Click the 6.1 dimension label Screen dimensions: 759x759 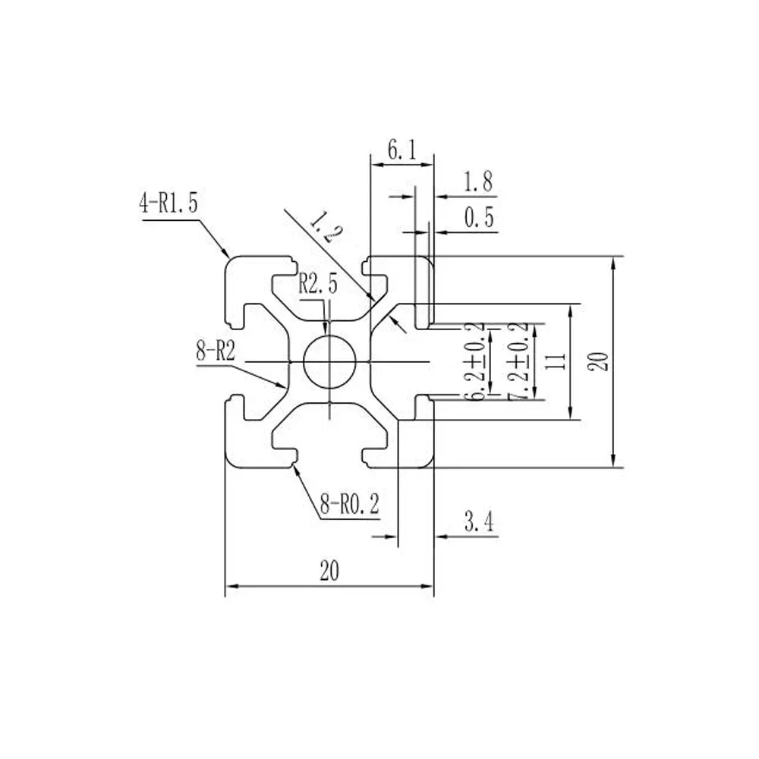point(402,151)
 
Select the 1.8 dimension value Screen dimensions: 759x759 point(477,182)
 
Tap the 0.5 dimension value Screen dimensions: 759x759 point(478,219)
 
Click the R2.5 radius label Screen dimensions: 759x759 point(317,285)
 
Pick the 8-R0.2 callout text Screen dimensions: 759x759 point(349,505)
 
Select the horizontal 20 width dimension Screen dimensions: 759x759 point(329,572)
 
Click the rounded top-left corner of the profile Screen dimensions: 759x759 point(231,263)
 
